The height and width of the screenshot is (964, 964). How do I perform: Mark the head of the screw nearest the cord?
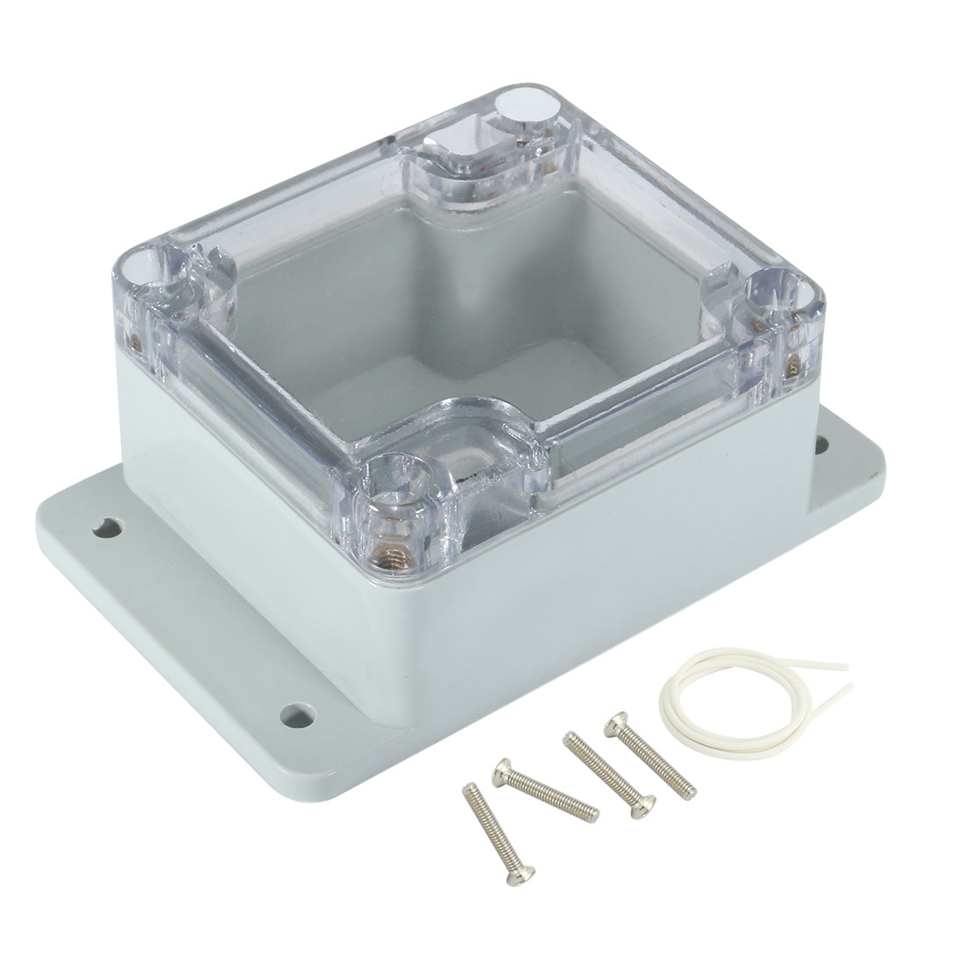point(614,720)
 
